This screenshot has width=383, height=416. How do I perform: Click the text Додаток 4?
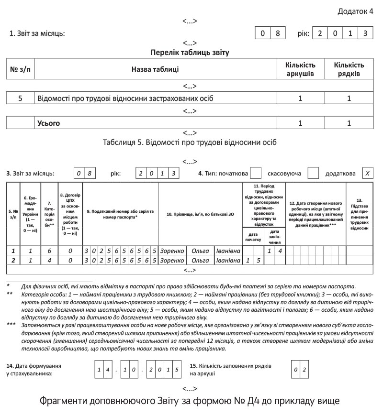355,11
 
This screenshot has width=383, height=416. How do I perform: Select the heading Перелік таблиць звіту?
190,53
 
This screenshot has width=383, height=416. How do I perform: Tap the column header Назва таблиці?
155,69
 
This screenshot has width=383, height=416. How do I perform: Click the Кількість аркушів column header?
300,69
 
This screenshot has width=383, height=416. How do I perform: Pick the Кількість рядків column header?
349,69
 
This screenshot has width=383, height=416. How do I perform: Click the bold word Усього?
49,123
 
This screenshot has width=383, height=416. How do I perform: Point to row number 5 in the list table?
20,99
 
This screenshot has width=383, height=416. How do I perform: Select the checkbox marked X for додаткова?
367,173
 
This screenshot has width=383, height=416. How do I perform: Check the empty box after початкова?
256,173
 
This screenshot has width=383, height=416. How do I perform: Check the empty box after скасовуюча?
313,173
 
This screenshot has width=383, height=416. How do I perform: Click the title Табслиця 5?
190,142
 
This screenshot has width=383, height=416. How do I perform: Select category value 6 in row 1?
49,251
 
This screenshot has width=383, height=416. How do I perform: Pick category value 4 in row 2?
49,260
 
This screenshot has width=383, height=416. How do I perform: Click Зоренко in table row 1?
172,251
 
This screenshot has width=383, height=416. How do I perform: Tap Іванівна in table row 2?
228,260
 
